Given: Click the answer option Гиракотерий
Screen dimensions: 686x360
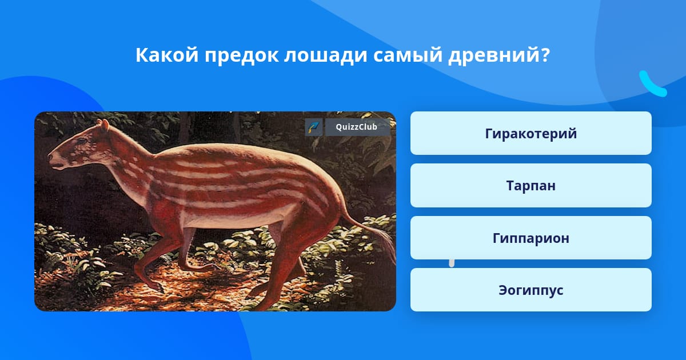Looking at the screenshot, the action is coord(531,133).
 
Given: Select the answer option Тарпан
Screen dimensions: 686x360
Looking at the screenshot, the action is coord(531,186).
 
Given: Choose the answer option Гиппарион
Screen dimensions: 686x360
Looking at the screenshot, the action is coord(531,238).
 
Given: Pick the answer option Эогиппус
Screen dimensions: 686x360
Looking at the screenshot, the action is coord(531,290).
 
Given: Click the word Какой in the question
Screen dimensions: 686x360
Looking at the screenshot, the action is coord(167,55).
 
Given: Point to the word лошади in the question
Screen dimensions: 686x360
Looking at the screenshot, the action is coord(325,56).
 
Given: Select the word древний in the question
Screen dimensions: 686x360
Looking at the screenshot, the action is coord(494,56).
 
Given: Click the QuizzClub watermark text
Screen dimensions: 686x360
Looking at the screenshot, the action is coord(356,127).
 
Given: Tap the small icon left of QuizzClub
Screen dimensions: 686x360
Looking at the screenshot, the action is coord(314,127).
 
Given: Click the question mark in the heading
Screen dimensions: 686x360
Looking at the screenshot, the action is coord(545,55).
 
